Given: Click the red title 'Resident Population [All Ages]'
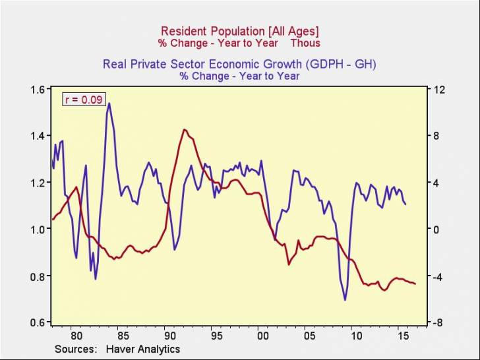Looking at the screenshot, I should pos(240,31).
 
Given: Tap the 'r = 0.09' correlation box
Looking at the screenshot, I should pos(84,100).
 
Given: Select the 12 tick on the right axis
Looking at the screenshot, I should pos(438,90).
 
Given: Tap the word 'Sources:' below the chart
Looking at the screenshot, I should pos(76,349).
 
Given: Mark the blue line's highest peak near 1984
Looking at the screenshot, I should pos(109,103).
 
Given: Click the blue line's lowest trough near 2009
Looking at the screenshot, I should pos(345,300).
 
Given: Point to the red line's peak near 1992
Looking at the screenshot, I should pos(184,130).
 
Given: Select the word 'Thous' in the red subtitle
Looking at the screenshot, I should pos(306,43).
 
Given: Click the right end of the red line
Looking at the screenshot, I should pos(415,284).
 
